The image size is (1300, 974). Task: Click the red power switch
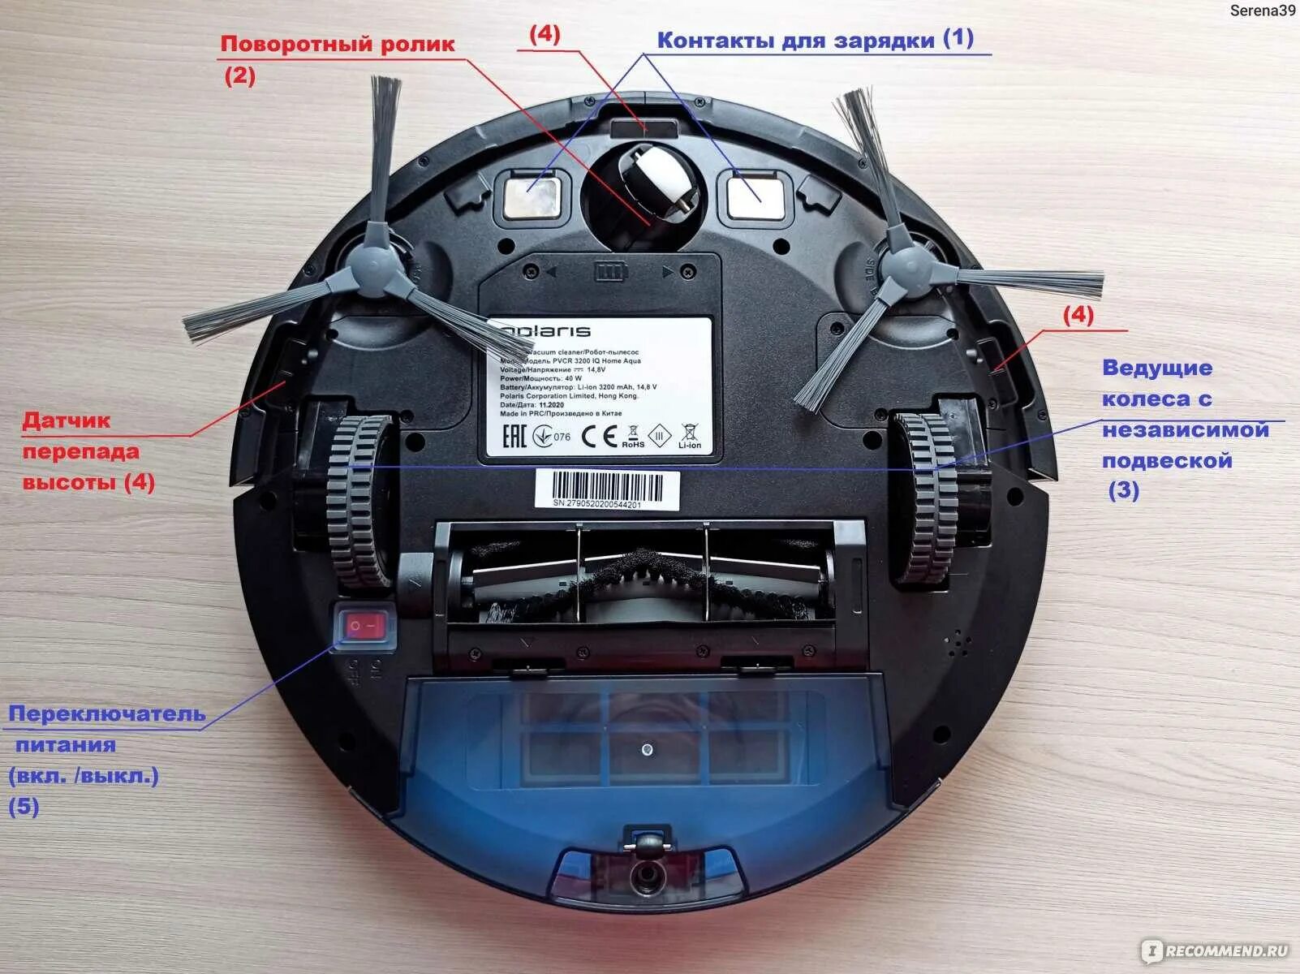(364, 627)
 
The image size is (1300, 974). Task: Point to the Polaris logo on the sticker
(544, 331)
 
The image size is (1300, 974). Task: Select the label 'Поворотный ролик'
(338, 44)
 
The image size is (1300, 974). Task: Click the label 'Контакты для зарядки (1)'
(815, 39)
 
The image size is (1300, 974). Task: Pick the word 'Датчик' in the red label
(67, 420)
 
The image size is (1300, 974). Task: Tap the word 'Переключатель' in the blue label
(106, 714)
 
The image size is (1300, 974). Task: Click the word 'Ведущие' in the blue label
(1156, 368)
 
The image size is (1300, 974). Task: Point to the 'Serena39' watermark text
(1263, 11)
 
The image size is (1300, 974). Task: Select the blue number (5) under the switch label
(24, 806)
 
